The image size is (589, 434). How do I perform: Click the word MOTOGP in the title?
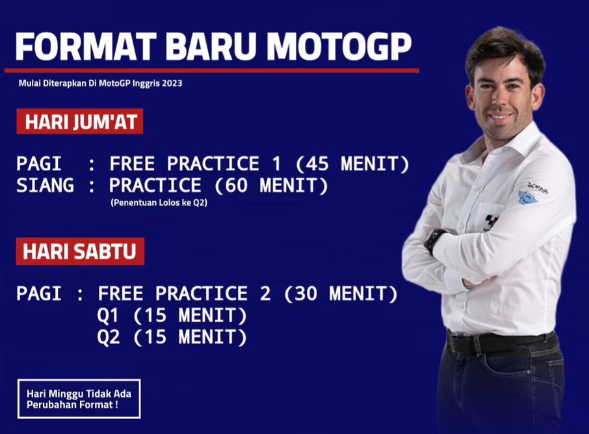(339, 47)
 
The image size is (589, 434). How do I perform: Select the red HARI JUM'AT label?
(79, 122)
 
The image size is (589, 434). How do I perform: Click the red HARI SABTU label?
(80, 252)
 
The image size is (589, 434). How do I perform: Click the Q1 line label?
(109, 316)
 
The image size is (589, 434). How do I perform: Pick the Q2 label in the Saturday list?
(109, 338)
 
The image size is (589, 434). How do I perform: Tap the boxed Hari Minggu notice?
(79, 398)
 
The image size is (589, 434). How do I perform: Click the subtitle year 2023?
(171, 83)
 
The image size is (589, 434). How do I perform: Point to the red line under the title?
(211, 70)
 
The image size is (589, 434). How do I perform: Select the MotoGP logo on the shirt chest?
(491, 222)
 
